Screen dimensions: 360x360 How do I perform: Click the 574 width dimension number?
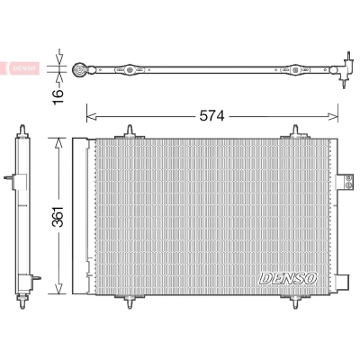point(212,116)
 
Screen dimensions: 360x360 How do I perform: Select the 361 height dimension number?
point(58,217)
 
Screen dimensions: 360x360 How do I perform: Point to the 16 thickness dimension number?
point(58,96)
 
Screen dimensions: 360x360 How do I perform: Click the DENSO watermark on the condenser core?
point(288,278)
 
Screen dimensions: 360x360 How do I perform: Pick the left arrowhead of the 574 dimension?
point(91,116)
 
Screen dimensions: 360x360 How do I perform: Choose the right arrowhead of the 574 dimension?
point(333,116)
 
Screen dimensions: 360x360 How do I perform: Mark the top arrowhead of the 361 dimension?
point(59,142)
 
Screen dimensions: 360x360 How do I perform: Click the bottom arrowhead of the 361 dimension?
point(59,289)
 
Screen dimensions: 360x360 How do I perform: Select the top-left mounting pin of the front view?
point(130,131)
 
